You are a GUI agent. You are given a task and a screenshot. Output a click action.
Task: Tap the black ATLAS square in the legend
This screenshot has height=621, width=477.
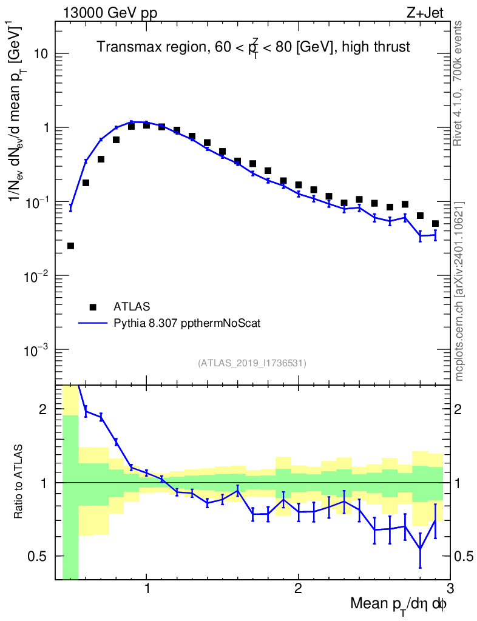point(93,306)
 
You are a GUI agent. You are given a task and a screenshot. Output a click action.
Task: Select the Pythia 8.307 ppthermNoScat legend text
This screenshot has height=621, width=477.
point(188,323)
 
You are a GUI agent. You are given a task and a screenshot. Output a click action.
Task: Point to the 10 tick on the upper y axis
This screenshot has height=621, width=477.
point(42,54)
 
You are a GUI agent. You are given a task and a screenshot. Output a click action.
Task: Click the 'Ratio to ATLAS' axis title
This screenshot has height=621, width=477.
point(20,482)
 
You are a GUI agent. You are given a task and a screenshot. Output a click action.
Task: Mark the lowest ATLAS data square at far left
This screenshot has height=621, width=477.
point(70,246)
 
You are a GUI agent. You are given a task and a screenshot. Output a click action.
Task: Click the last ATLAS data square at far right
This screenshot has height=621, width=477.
point(435,224)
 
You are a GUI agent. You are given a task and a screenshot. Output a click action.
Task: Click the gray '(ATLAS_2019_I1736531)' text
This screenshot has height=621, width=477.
point(252,363)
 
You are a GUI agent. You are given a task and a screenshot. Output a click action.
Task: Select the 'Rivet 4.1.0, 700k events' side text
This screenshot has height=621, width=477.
point(459,82)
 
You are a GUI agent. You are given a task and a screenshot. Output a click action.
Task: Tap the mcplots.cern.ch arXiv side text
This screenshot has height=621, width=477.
point(459,291)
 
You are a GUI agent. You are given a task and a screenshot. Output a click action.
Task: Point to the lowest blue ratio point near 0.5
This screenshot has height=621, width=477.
point(420,549)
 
